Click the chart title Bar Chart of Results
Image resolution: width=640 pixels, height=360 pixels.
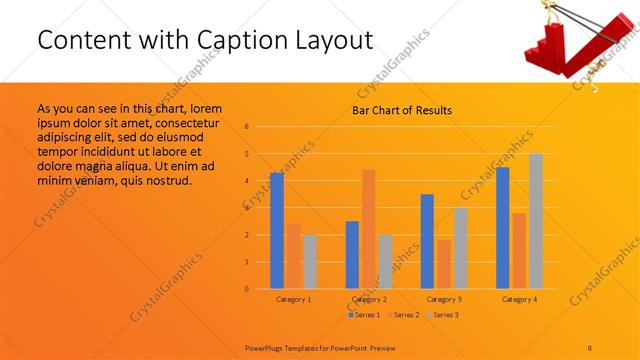(x=402, y=110)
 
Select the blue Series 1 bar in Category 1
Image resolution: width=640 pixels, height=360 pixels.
(x=277, y=231)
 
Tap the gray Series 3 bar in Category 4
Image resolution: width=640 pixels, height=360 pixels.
(x=536, y=221)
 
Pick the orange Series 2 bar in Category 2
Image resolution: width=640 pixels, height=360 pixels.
(x=368, y=229)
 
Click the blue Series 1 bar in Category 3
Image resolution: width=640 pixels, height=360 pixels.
(x=427, y=241)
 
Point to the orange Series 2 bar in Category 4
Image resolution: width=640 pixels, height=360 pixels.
(x=519, y=251)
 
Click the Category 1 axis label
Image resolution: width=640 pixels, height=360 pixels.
(x=293, y=299)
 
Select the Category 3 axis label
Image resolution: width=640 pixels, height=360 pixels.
(x=444, y=299)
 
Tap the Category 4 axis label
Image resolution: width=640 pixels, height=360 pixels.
(x=519, y=299)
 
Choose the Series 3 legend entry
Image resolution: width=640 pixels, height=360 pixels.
(x=444, y=315)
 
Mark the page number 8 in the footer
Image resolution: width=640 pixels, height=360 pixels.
(x=590, y=346)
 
